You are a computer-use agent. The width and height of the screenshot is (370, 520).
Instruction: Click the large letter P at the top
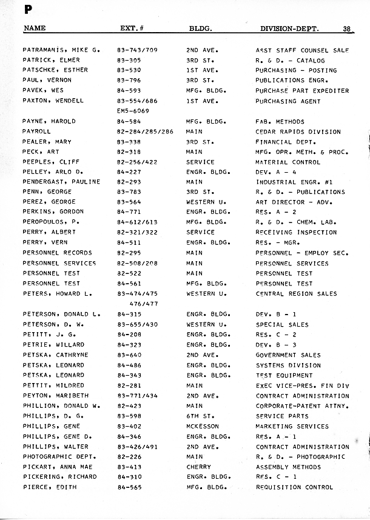[x=28, y=9]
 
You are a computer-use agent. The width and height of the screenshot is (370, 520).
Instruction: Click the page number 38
[x=347, y=28]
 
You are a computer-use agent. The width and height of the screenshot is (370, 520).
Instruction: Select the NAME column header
[x=34, y=28]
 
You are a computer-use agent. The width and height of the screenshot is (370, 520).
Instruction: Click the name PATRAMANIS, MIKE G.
[x=61, y=50]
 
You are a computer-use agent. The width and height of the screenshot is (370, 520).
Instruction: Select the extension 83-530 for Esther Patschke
[x=129, y=70]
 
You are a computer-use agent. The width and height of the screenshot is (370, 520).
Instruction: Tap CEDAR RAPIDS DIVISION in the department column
[x=298, y=132]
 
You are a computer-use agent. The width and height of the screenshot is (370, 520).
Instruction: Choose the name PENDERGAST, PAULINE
[x=61, y=182]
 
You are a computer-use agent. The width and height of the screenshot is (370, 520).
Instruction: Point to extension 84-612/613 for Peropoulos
[x=136, y=222]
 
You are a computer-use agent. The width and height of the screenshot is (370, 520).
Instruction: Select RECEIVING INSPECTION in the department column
[x=296, y=233]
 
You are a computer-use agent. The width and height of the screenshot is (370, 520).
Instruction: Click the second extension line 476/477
[x=143, y=304]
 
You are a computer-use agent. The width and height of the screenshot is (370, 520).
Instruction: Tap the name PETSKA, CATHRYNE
[x=55, y=355]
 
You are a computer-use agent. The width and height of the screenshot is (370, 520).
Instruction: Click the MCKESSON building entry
[x=202, y=427]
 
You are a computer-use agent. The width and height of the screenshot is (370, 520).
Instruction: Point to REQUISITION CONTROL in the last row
[x=294, y=487]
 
